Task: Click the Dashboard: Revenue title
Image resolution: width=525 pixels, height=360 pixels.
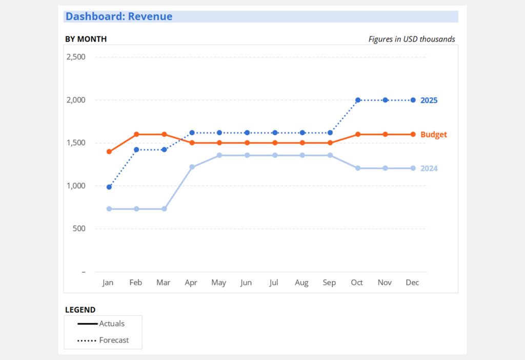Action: tap(119, 16)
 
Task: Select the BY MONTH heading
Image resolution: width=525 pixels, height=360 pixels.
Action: tap(86, 39)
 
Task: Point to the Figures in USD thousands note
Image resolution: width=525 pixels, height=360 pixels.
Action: tap(412, 39)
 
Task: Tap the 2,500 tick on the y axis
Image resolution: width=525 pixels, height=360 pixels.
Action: tap(76, 57)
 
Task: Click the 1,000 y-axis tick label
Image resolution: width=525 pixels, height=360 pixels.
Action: tap(76, 186)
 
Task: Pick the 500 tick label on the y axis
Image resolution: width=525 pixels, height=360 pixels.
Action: tap(78, 229)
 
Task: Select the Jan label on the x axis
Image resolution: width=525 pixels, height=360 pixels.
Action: tap(108, 283)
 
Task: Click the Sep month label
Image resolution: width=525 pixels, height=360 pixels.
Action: tap(330, 283)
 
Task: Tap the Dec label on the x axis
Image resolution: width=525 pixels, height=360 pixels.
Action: tap(413, 283)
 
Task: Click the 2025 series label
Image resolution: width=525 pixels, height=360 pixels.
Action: tap(429, 101)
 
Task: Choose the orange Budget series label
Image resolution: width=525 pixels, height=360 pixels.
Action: tap(434, 135)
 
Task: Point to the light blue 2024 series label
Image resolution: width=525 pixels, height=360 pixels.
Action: tap(429, 169)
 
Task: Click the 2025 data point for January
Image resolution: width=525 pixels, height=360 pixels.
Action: tap(109, 187)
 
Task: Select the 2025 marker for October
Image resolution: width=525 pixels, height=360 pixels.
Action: tap(358, 100)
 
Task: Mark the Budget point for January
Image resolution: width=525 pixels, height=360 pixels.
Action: tap(109, 152)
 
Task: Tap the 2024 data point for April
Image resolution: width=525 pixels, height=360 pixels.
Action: tap(192, 167)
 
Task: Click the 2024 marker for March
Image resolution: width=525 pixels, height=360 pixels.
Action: tap(164, 209)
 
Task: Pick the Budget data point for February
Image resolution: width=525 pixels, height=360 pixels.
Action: tap(136, 134)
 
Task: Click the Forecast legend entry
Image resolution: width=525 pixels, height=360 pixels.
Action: tap(103, 340)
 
